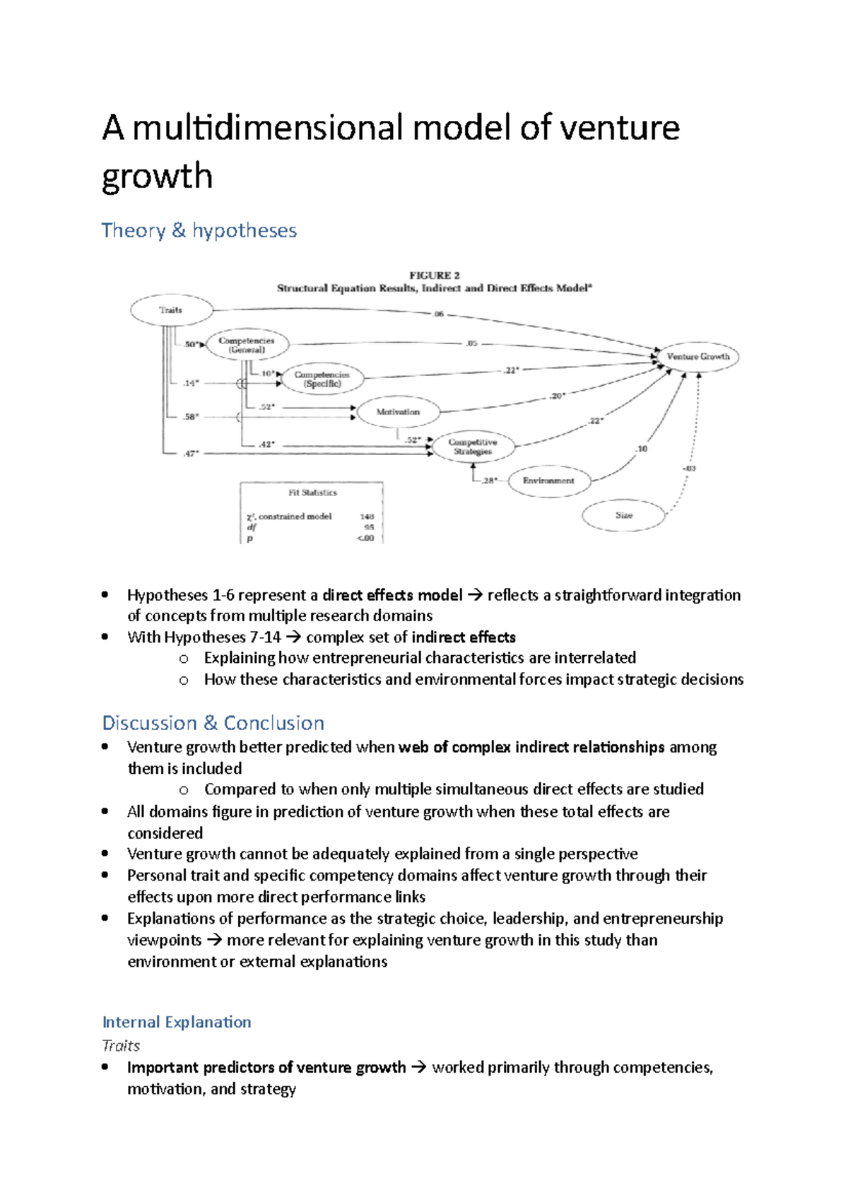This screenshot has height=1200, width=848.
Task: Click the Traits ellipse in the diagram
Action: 171,310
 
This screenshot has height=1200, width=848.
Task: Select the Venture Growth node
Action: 697,357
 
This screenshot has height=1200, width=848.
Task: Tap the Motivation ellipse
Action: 398,412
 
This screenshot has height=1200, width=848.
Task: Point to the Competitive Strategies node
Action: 473,447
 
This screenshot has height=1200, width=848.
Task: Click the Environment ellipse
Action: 548,481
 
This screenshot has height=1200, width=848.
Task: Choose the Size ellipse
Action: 623,515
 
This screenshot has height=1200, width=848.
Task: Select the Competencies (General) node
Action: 247,345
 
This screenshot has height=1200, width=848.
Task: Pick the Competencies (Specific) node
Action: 322,380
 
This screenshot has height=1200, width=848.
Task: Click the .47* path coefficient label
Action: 191,454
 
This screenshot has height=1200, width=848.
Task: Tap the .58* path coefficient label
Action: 191,417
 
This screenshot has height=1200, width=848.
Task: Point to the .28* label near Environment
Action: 490,481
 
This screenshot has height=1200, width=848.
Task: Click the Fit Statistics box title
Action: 312,493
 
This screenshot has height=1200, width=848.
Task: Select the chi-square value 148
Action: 367,517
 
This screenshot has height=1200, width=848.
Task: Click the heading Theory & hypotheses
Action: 199,230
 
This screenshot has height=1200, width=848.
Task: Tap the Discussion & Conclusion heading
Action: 213,723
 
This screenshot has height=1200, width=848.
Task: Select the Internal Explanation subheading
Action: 177,1022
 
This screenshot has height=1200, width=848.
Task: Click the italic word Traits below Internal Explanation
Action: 121,1045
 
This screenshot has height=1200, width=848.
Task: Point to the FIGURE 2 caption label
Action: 435,276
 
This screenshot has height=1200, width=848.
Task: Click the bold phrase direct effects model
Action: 392,595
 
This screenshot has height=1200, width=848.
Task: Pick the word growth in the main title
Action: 157,176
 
